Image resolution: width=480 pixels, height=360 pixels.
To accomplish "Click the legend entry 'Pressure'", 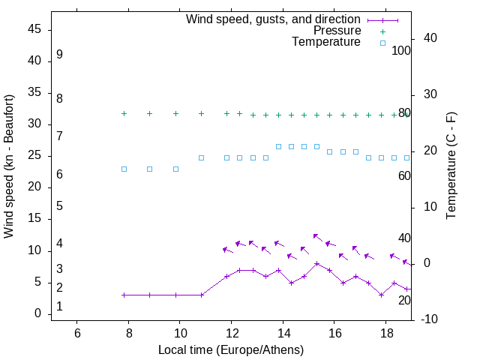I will tap(337, 31).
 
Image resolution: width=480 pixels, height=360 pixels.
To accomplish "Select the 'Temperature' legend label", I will tap(326, 42).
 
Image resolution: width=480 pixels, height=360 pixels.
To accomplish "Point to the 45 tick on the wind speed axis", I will tap(34, 29).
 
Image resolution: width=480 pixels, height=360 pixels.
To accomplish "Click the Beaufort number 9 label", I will tap(59, 55).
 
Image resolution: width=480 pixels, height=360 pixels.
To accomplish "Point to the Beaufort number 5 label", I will tap(59, 205).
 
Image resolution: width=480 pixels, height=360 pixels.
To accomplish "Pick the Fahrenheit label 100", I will tap(401, 51).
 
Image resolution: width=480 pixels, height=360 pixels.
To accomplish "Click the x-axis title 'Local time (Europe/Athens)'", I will tap(231, 350).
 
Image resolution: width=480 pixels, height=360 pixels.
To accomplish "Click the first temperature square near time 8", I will tap(124, 169).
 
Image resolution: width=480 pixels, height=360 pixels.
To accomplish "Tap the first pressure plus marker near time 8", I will tap(124, 114).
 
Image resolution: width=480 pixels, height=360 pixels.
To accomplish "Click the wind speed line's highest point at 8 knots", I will tap(317, 263).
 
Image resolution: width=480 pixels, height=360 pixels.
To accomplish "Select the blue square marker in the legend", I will tap(382, 43).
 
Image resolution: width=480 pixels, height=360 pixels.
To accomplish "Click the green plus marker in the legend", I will tap(382, 31).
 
